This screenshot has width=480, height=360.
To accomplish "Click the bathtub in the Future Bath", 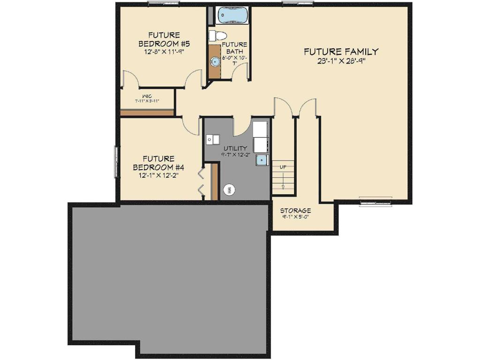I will click(233, 15).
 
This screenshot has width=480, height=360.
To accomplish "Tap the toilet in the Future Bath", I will click(218, 35).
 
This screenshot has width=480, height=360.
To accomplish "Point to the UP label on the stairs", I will click(283, 167).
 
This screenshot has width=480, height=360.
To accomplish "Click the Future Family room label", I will click(341, 52).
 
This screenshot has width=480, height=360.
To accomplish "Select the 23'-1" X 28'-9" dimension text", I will click(341, 61).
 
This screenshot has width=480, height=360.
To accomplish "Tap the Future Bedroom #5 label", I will click(164, 39).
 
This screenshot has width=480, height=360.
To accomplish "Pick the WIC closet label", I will click(147, 96).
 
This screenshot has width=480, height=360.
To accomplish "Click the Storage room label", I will click(295, 210).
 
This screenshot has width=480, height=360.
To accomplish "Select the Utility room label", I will click(235, 148).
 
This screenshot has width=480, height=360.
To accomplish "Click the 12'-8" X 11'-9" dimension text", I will click(164, 52).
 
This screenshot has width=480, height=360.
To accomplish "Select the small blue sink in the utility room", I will click(261, 160).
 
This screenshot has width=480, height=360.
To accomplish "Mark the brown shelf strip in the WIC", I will click(147, 112).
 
